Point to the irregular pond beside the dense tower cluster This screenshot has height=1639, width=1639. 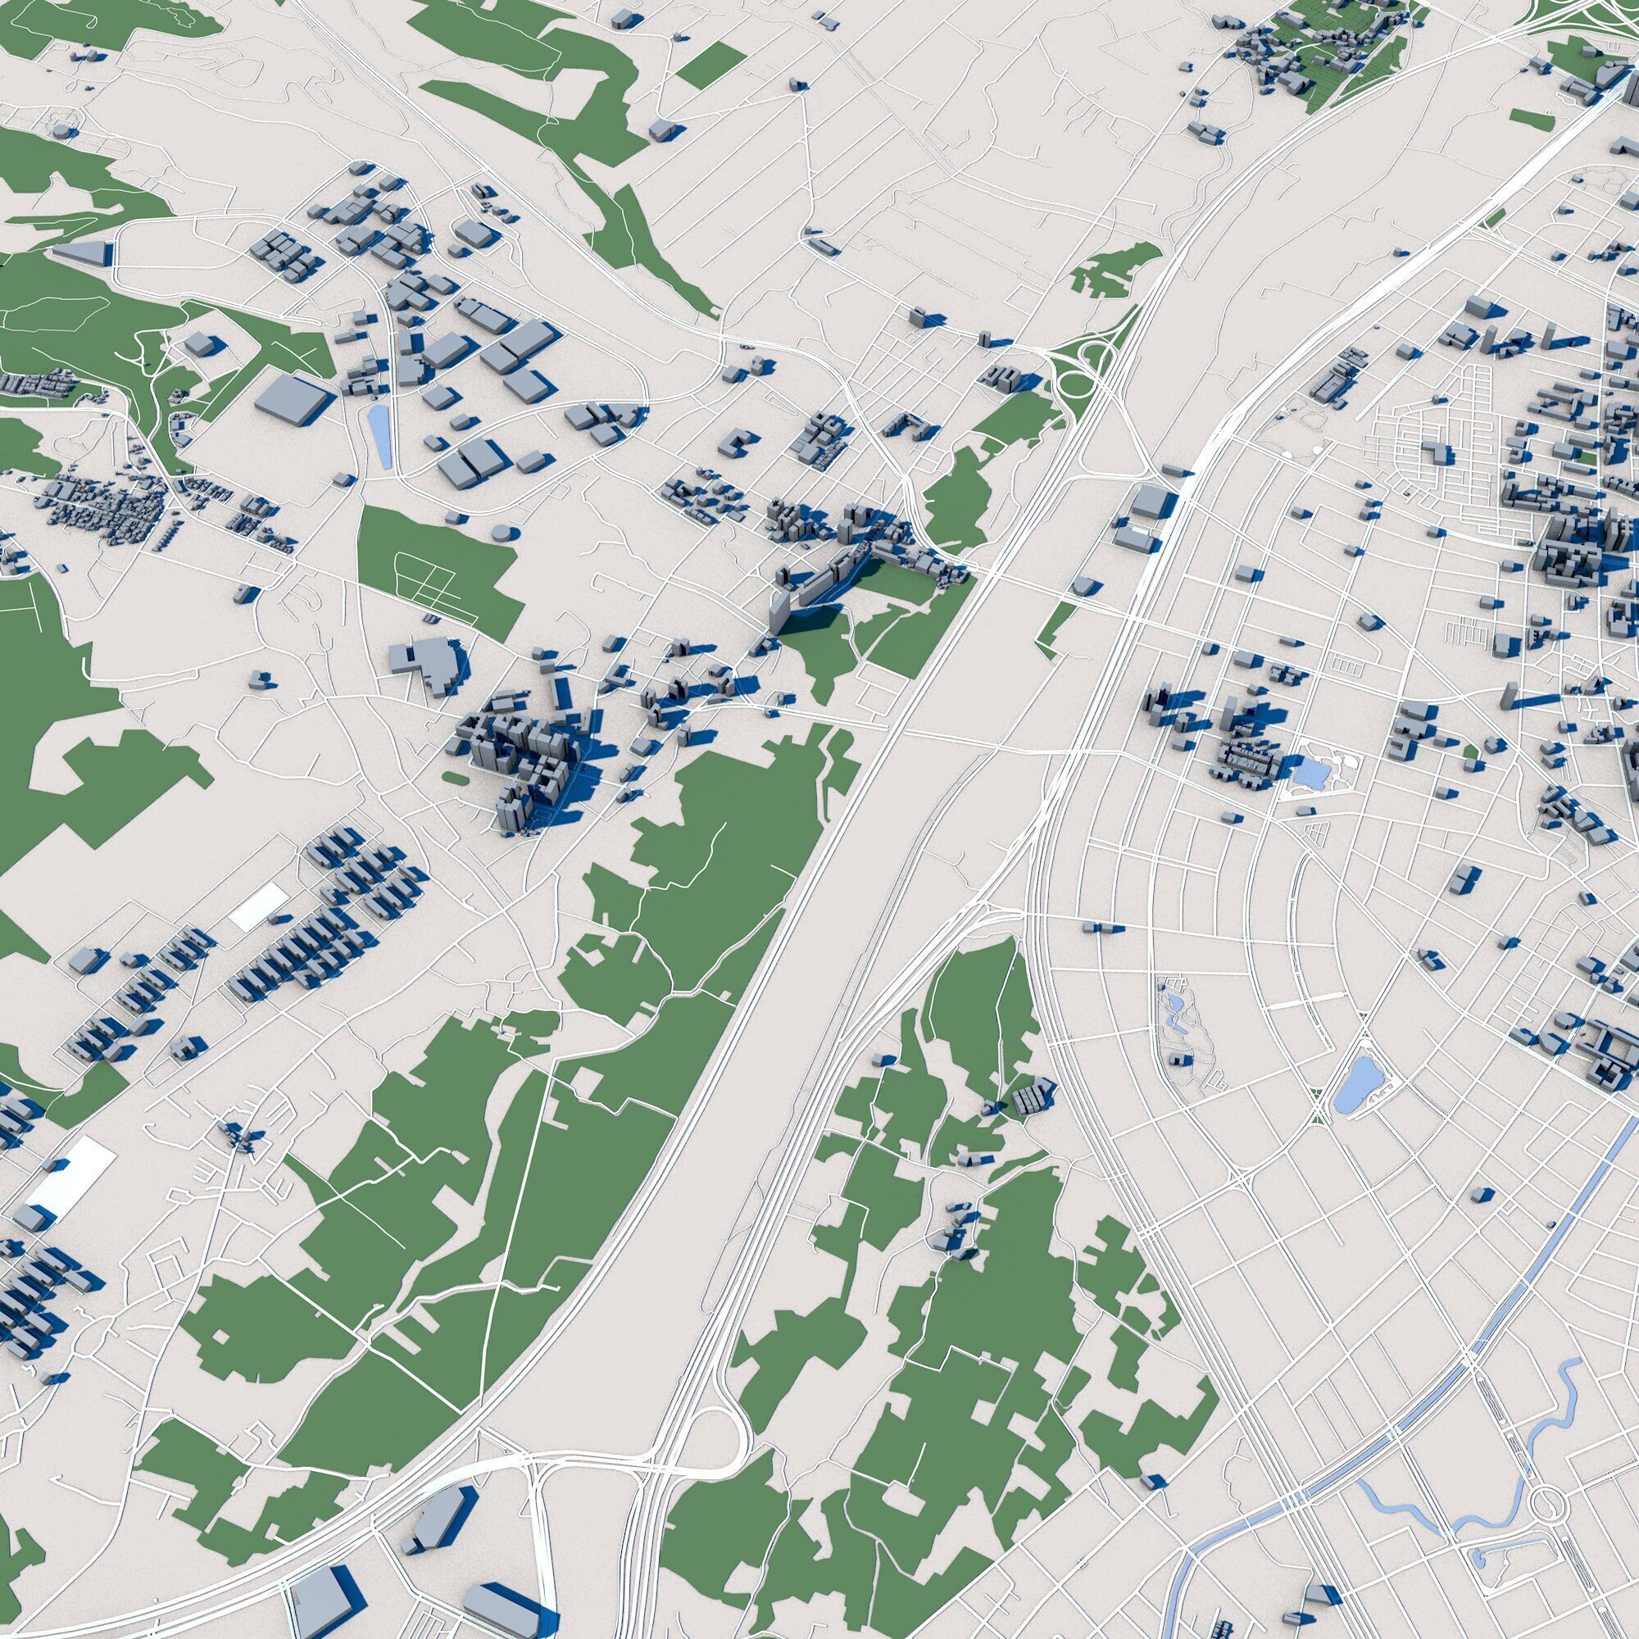point(1311,772)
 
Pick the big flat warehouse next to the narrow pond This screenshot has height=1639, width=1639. point(293,396)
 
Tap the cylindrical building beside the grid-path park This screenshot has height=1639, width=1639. point(504,533)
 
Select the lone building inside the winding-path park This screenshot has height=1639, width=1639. point(1178,1060)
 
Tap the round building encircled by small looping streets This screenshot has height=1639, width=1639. point(64,130)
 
